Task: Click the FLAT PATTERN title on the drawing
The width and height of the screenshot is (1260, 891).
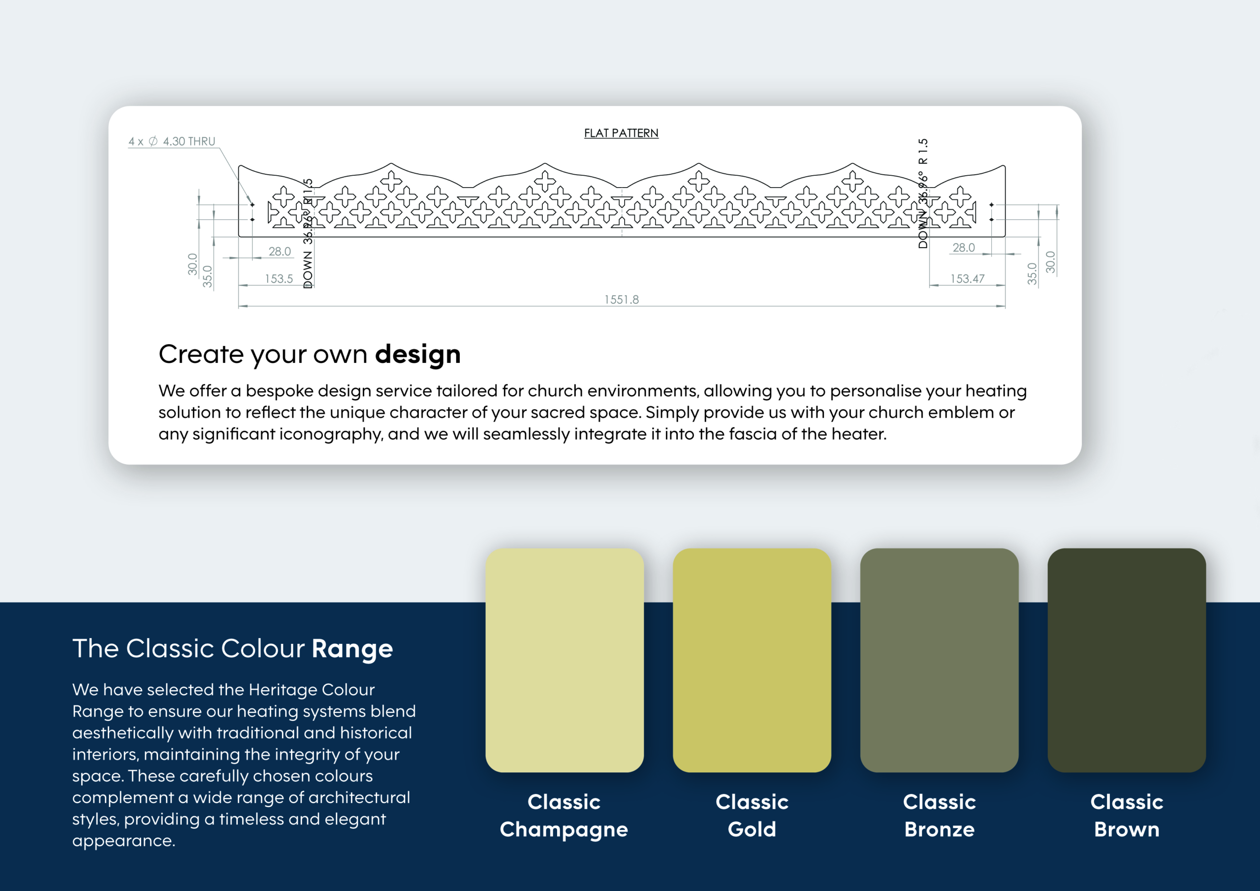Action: tap(621, 133)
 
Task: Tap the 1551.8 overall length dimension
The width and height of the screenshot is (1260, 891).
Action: tap(622, 299)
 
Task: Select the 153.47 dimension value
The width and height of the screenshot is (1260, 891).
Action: tap(968, 278)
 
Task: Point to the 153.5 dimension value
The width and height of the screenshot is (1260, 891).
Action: tap(279, 278)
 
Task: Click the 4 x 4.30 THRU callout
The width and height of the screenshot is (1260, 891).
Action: tap(172, 141)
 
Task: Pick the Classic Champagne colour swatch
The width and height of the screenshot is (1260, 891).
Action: tap(565, 660)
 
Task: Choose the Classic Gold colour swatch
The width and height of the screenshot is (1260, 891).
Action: tap(752, 660)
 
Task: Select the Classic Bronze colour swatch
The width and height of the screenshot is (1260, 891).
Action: tap(940, 660)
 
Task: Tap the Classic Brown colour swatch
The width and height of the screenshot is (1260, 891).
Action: tap(1127, 660)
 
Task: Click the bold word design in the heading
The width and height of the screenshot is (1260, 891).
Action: tap(418, 354)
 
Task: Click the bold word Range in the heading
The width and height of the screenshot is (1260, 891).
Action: tap(352, 649)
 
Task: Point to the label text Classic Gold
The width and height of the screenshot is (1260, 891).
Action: tap(752, 815)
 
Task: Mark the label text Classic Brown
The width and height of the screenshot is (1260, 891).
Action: tap(1127, 815)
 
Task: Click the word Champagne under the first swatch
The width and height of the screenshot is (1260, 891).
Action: tap(564, 829)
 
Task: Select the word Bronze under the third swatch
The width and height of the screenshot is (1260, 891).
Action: tap(940, 829)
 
